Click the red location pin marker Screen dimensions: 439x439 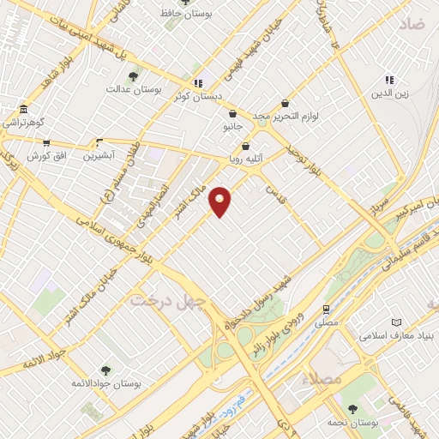220,201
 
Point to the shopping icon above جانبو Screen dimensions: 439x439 232,113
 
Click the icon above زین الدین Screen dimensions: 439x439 388,80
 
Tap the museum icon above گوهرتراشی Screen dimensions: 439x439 22,110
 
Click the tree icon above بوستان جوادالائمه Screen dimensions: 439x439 105,370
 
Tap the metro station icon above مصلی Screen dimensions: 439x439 326,309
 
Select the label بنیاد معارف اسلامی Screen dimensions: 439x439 393,334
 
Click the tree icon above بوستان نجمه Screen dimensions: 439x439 352,410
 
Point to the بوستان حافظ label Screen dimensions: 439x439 189,15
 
